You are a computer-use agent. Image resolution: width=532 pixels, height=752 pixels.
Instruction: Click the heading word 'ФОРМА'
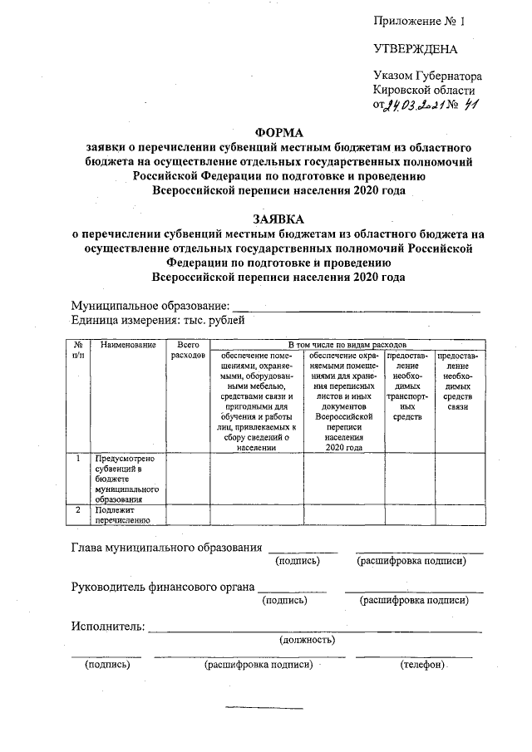click(x=279, y=132)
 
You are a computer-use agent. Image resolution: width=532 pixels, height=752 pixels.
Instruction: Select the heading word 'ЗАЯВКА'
click(x=279, y=219)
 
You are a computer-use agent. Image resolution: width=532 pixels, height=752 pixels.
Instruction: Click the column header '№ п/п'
click(x=76, y=349)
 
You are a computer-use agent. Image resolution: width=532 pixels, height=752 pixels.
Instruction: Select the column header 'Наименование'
click(x=127, y=344)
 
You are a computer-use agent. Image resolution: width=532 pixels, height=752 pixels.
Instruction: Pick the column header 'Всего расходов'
click(x=187, y=349)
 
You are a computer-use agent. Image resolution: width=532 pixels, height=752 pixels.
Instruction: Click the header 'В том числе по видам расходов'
click(x=347, y=343)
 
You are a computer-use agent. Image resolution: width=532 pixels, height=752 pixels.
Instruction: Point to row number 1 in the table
click(x=76, y=458)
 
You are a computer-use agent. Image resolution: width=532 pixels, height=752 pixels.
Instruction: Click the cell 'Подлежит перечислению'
click(x=121, y=515)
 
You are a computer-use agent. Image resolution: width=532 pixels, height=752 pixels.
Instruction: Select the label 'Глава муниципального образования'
click(x=167, y=548)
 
